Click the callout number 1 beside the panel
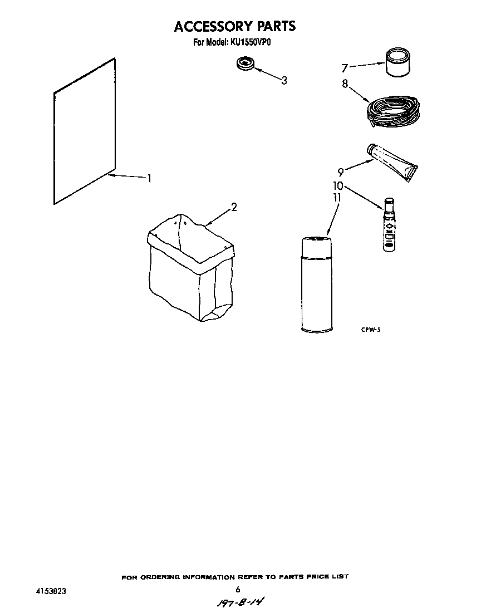pyautogui.click(x=149, y=178)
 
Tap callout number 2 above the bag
pyautogui.click(x=234, y=207)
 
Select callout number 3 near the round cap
pyautogui.click(x=284, y=80)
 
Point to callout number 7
pyautogui.click(x=344, y=68)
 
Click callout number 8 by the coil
pyautogui.click(x=345, y=84)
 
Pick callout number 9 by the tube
pyautogui.click(x=341, y=171)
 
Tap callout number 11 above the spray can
pyautogui.click(x=337, y=198)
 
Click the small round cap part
pyautogui.click(x=245, y=63)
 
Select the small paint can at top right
pyautogui.click(x=397, y=62)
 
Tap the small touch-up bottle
pyautogui.click(x=389, y=224)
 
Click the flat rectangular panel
pyautogui.click(x=85, y=131)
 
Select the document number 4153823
pyautogui.click(x=51, y=591)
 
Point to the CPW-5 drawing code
pyautogui.click(x=370, y=330)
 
